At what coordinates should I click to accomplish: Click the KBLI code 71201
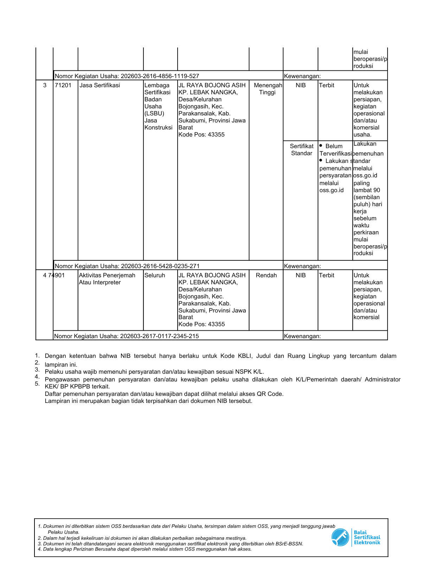point(63,86)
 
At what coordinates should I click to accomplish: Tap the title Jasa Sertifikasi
point(100,86)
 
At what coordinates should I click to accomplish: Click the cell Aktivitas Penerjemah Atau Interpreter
point(107,279)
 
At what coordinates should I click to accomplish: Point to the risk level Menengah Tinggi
point(268,89)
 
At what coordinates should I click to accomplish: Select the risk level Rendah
point(266,276)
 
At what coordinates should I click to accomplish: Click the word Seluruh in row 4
point(155,276)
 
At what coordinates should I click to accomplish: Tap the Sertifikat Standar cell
point(301,150)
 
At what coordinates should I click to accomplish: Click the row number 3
point(45,86)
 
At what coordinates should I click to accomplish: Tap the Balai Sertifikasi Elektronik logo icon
point(340,537)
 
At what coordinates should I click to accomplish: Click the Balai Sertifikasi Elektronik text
point(367,537)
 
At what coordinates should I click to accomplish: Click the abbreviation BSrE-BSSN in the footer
point(288,544)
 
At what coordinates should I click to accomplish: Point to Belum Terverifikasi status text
point(335,150)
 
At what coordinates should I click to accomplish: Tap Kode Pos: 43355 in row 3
point(202,135)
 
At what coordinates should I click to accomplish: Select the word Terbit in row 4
point(327,276)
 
